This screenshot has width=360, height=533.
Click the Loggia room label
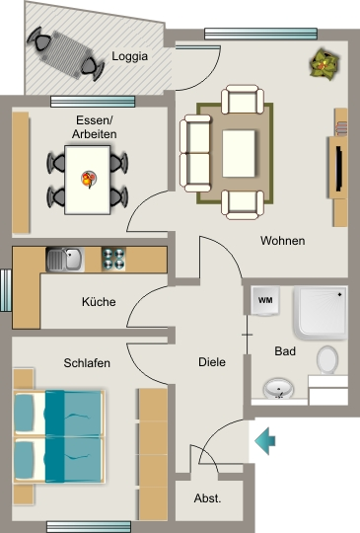(130, 56)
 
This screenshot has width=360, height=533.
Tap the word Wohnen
(282, 241)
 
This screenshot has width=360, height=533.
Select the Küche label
(99, 301)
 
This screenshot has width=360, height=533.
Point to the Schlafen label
(87, 363)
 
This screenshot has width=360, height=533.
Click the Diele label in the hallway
(212, 362)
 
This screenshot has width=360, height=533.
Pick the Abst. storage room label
(207, 498)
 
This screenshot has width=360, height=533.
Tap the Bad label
(285, 351)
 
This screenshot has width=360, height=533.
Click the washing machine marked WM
(265, 300)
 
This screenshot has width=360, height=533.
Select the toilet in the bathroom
(327, 360)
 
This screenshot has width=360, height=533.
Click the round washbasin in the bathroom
(278, 389)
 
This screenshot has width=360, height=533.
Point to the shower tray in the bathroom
(321, 313)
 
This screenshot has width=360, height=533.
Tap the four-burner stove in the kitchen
(113, 259)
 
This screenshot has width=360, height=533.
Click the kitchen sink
(65, 260)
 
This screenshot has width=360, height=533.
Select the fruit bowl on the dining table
(89, 179)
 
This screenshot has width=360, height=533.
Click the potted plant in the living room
(324, 64)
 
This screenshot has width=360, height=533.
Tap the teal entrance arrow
(265, 441)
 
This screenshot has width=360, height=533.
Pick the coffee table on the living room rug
(239, 154)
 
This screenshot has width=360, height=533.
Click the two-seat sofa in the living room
(195, 153)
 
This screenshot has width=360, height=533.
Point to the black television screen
(339, 168)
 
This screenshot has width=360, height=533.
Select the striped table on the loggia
(66, 54)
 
